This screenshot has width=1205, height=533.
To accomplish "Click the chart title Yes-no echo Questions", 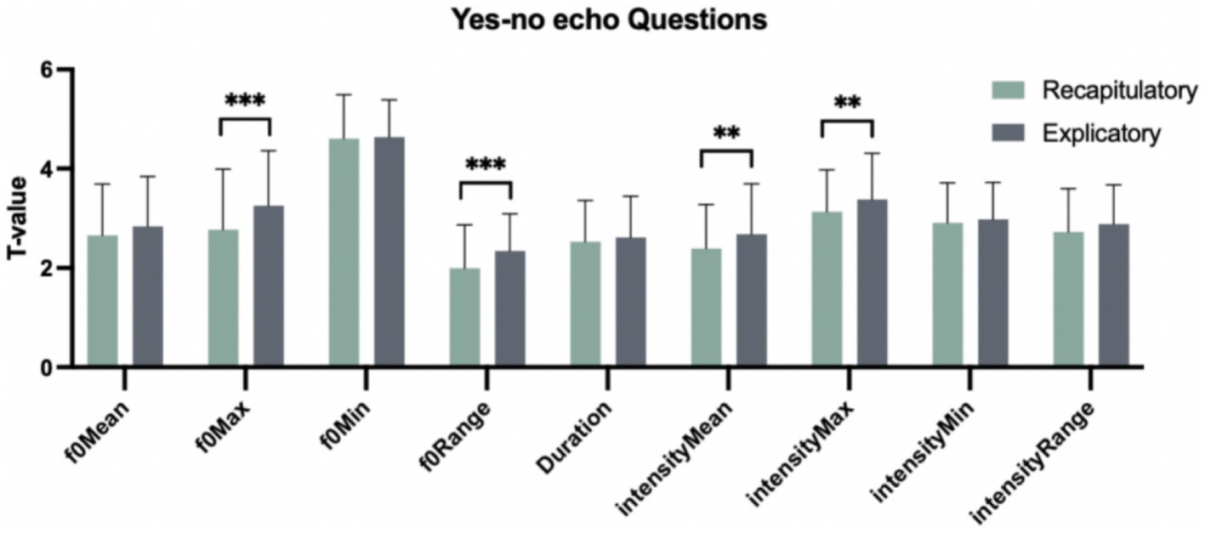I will point(602,19).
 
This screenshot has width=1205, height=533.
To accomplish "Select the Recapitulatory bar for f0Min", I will point(344,252).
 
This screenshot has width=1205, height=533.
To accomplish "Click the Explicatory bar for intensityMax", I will point(872,283).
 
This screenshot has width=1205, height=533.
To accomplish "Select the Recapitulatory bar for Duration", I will point(585,303).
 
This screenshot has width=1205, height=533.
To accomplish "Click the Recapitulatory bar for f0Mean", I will point(103,301).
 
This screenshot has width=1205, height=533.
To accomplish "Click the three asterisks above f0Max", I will point(245,101).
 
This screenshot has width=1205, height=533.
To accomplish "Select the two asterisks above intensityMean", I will point(726,133).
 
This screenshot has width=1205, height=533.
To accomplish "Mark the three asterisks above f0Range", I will point(485,165).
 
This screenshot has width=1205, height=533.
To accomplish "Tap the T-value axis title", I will point(20,218).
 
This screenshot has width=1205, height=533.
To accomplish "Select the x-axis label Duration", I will point(576,434).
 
